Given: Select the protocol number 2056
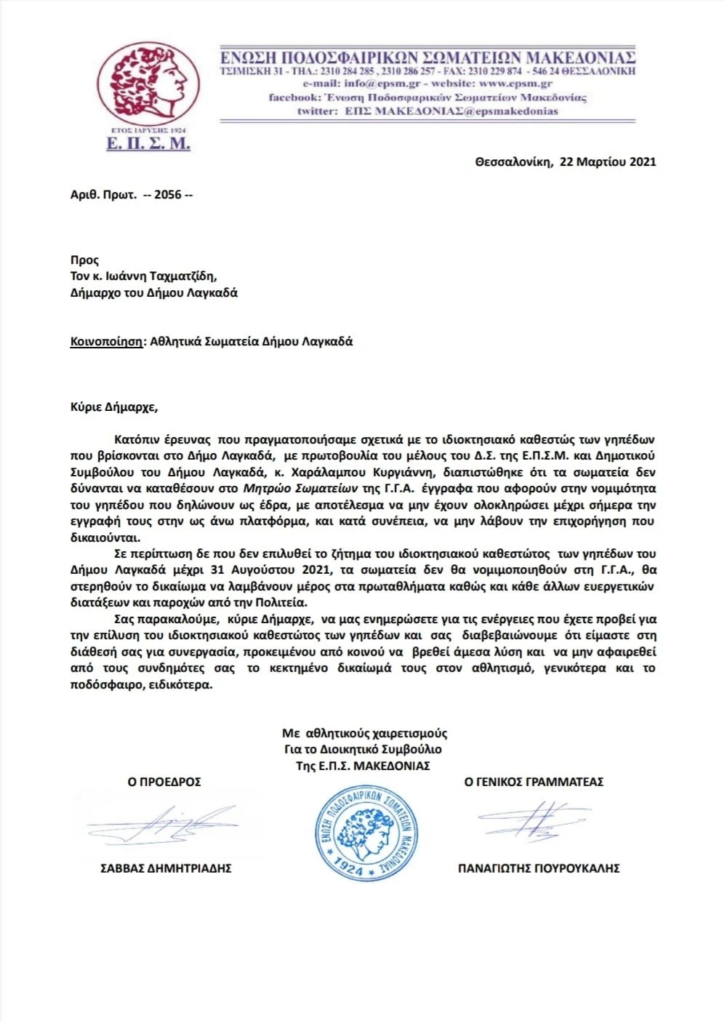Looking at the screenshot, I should (x=167, y=195).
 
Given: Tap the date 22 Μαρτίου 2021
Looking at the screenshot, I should (x=608, y=161).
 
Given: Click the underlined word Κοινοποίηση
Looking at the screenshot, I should (x=106, y=341).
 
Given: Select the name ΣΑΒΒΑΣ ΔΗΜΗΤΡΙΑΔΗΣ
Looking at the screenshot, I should (x=166, y=868).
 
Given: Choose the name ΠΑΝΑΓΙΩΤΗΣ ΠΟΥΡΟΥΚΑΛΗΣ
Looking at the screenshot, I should (x=539, y=868).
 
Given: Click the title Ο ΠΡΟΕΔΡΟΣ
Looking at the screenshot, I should (x=164, y=782).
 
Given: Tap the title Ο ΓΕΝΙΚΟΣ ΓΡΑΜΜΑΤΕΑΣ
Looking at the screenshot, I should (x=534, y=782).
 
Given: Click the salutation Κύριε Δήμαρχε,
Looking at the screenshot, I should (x=113, y=407).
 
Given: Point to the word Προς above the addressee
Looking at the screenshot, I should (x=84, y=260).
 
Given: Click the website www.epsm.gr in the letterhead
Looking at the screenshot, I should (x=515, y=84).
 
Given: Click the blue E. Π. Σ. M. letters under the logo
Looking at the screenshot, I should (x=148, y=144).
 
